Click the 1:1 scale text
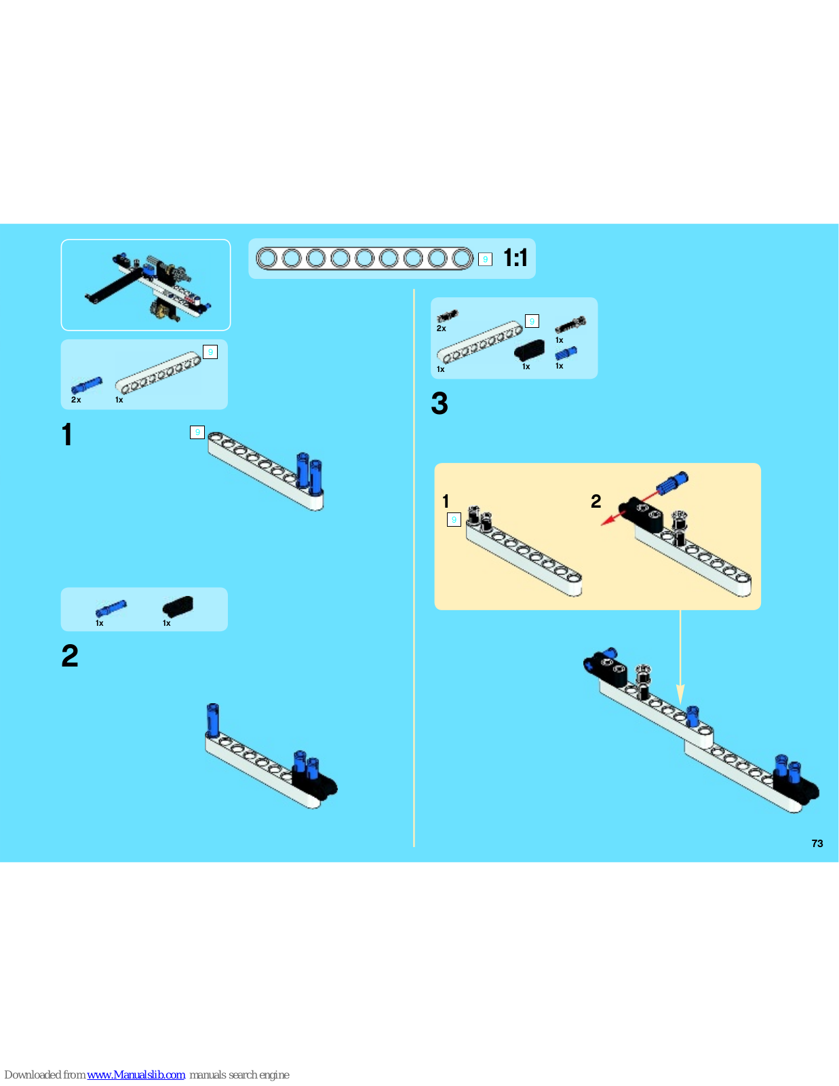click(x=515, y=258)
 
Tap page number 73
click(x=817, y=843)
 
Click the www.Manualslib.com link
click(x=136, y=1074)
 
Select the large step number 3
click(x=440, y=403)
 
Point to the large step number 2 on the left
click(x=70, y=656)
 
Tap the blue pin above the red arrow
click(x=672, y=483)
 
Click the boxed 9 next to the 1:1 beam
click(x=485, y=259)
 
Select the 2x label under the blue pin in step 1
click(x=76, y=400)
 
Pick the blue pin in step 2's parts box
click(x=111, y=608)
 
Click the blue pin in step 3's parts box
click(x=566, y=353)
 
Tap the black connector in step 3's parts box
click(x=529, y=350)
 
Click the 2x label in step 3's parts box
click(x=441, y=329)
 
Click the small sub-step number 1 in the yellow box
click(x=446, y=502)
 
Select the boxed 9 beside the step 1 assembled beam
click(x=197, y=432)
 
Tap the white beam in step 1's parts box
click(x=158, y=373)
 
